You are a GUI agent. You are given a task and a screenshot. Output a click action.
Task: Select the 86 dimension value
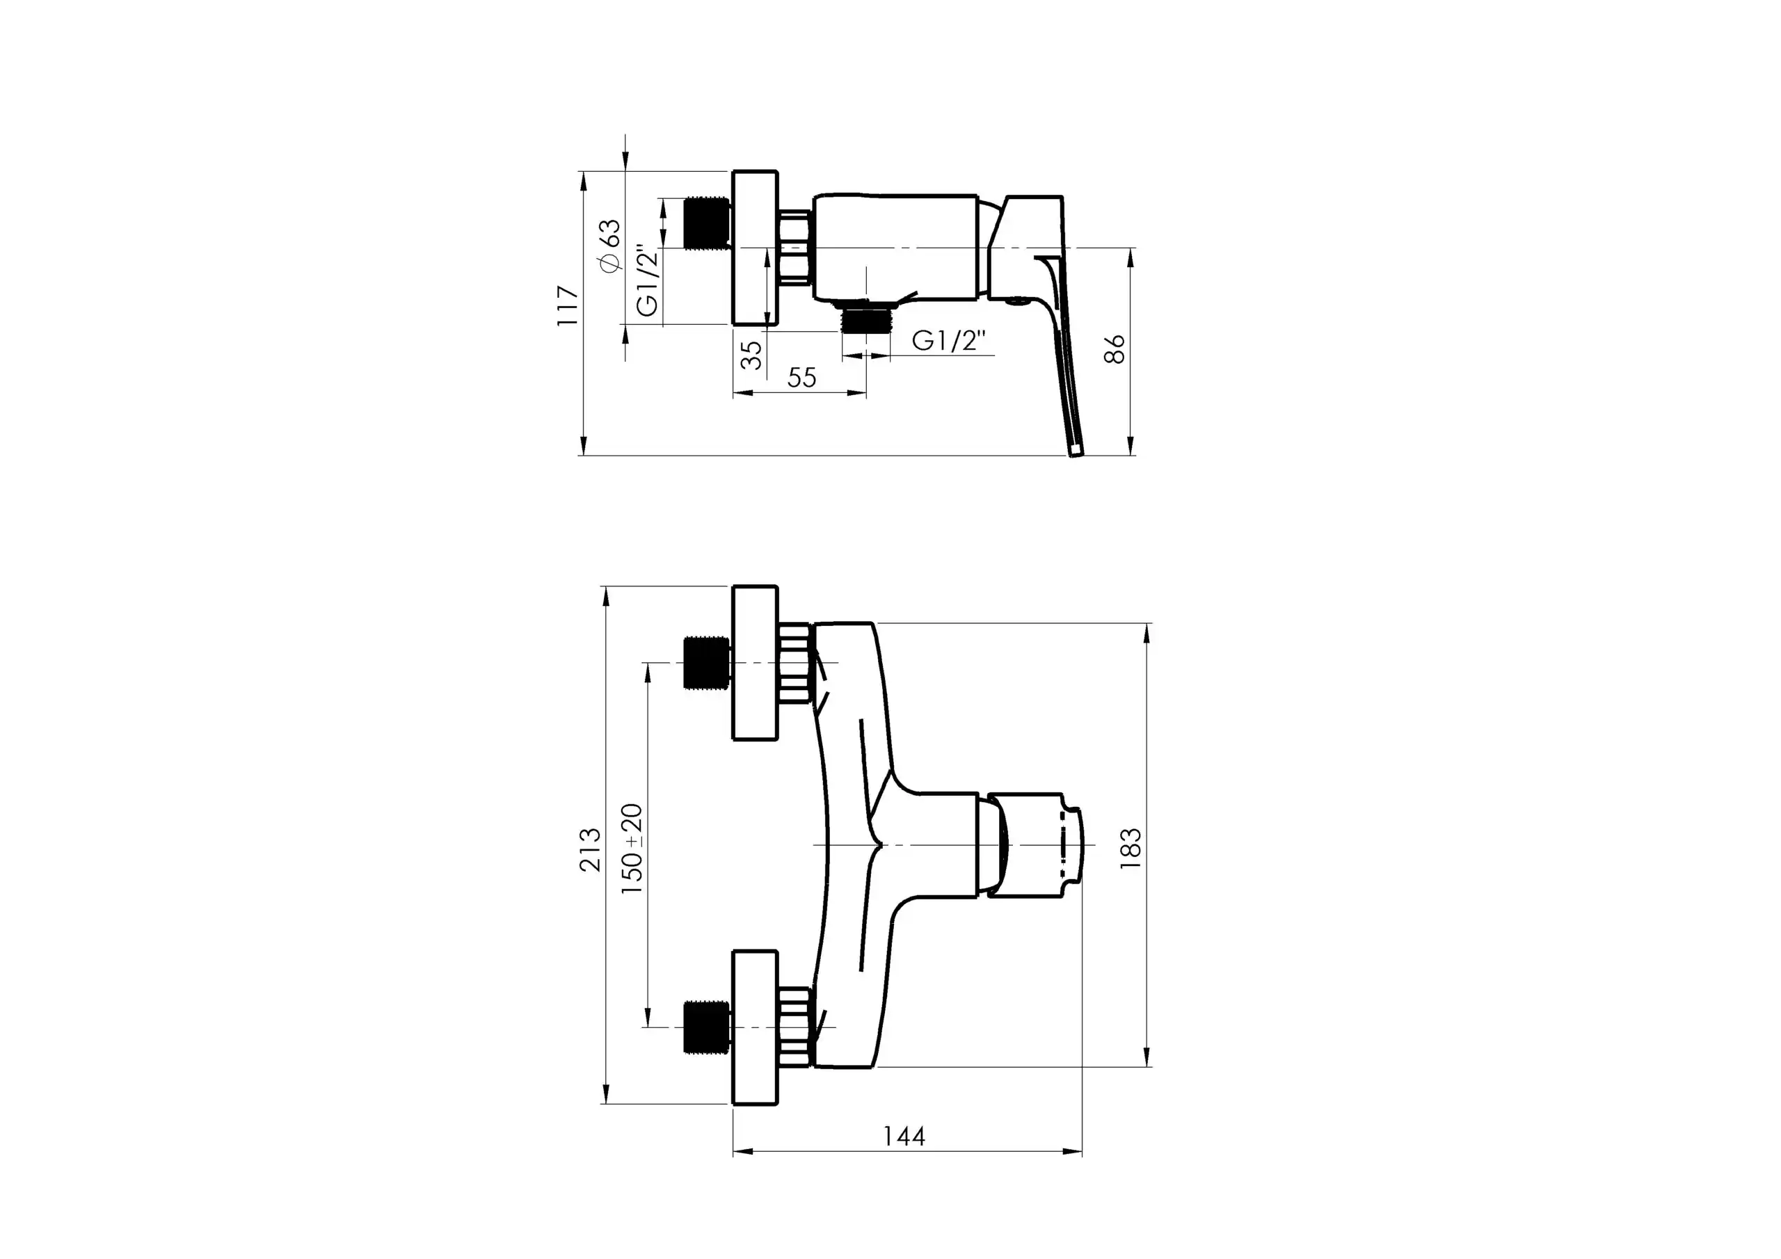point(1114,350)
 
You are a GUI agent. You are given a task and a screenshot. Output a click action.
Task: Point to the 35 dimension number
point(751,355)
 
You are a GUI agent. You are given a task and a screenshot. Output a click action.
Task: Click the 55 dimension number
point(801,377)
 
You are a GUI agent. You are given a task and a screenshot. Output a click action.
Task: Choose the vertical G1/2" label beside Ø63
point(648,281)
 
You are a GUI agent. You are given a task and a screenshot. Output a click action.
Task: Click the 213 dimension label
point(591,849)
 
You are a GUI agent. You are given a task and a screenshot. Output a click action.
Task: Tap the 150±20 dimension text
point(632,849)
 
